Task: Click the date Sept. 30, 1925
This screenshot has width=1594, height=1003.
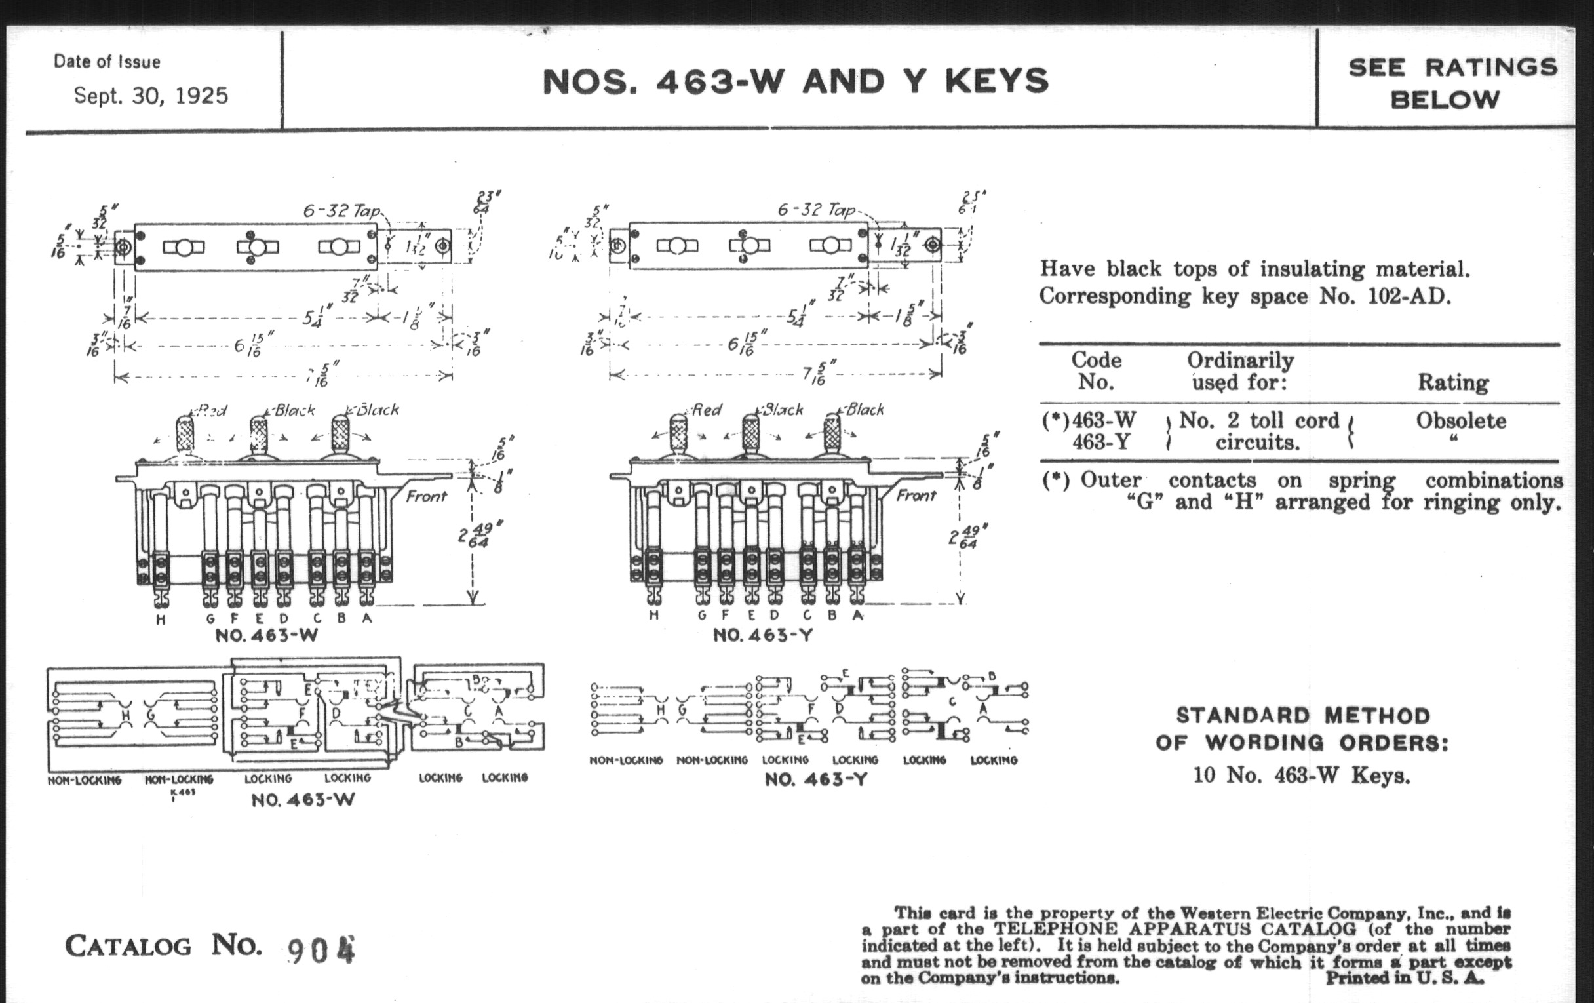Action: [151, 96]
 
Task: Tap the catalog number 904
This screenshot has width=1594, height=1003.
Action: [322, 950]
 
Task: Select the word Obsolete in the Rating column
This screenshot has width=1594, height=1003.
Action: [1461, 420]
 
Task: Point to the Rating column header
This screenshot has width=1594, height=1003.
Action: [1453, 382]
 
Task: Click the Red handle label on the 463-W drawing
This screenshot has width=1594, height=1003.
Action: [212, 410]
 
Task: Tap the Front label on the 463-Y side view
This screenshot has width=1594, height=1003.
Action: [916, 495]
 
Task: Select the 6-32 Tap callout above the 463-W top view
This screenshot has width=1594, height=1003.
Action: [341, 210]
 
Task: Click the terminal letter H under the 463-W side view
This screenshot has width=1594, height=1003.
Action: [161, 619]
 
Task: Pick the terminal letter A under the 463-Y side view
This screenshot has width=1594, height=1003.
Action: [858, 615]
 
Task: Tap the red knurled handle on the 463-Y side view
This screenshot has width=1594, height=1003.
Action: [679, 433]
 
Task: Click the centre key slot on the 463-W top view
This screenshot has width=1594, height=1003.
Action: [258, 247]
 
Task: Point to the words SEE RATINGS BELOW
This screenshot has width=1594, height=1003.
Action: [1452, 83]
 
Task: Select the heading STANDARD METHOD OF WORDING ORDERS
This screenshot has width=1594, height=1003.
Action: [1302, 729]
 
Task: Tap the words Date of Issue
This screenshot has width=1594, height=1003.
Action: [107, 62]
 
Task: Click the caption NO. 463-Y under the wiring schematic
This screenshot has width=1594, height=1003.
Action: [815, 779]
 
